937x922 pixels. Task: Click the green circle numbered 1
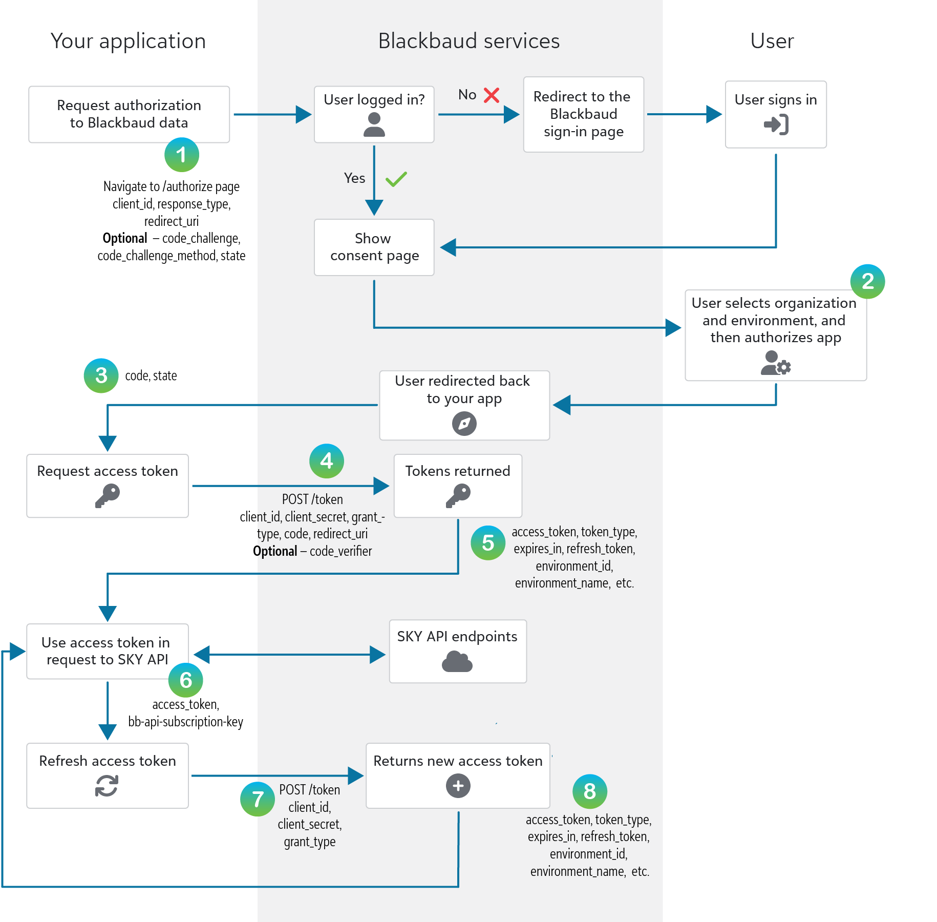click(x=182, y=155)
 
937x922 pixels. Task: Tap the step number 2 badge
click(x=867, y=281)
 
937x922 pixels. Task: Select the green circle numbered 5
click(x=488, y=543)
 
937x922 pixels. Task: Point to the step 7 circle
click(x=258, y=799)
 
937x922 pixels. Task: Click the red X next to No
click(x=492, y=95)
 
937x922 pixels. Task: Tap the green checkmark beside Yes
click(x=396, y=179)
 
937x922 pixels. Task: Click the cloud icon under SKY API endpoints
click(x=457, y=661)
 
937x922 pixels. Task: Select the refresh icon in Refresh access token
click(x=107, y=786)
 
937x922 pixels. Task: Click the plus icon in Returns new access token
click(x=458, y=786)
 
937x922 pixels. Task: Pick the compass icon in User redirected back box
click(x=464, y=424)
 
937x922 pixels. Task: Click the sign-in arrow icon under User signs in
click(x=776, y=124)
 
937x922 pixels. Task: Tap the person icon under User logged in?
click(x=374, y=125)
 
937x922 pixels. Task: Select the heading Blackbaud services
click(x=469, y=41)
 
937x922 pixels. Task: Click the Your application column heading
click(x=128, y=41)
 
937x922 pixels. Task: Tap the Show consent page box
click(x=374, y=247)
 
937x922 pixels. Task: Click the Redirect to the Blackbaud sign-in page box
click(x=584, y=114)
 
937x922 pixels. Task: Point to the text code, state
click(x=151, y=375)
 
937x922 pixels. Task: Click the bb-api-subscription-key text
click(x=186, y=722)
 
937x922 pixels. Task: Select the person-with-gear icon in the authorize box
click(x=776, y=363)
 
